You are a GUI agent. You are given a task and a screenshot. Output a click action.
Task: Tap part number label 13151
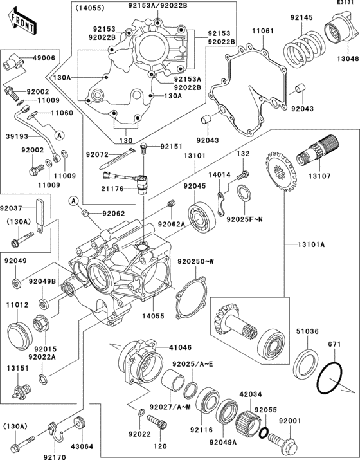17,369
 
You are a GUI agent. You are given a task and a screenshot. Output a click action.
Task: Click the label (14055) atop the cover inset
87,8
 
